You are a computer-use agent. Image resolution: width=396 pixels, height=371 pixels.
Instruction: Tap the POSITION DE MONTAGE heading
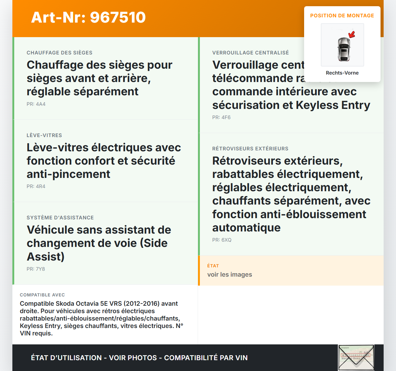click(342, 15)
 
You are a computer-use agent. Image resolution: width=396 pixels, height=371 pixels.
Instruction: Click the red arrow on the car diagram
click(352, 34)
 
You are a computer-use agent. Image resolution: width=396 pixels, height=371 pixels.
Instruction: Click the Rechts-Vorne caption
click(342, 73)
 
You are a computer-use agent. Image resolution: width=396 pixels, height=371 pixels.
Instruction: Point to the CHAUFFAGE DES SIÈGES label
click(59, 53)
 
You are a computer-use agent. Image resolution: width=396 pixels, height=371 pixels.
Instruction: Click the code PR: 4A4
click(36, 104)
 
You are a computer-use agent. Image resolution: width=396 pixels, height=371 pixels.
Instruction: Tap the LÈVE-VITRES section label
click(44, 135)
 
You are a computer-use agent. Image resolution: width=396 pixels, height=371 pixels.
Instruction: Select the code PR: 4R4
click(36, 186)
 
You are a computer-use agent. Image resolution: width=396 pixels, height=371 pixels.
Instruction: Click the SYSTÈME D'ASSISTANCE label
click(60, 218)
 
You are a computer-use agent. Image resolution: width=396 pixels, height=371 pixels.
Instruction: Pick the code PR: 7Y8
click(36, 269)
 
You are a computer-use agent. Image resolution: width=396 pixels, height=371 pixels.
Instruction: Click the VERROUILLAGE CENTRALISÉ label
click(250, 53)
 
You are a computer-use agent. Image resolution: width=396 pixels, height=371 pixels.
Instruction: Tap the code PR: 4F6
click(221, 117)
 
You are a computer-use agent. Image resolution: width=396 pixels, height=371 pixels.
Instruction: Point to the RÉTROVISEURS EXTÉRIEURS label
click(250, 149)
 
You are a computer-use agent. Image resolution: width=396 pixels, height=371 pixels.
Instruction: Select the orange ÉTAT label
click(213, 266)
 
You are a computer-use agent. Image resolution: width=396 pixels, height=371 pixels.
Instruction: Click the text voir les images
click(230, 274)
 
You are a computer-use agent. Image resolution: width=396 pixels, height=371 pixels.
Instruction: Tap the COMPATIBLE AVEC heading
click(42, 295)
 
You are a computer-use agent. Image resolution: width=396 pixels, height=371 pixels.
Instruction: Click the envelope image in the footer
click(356, 357)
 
